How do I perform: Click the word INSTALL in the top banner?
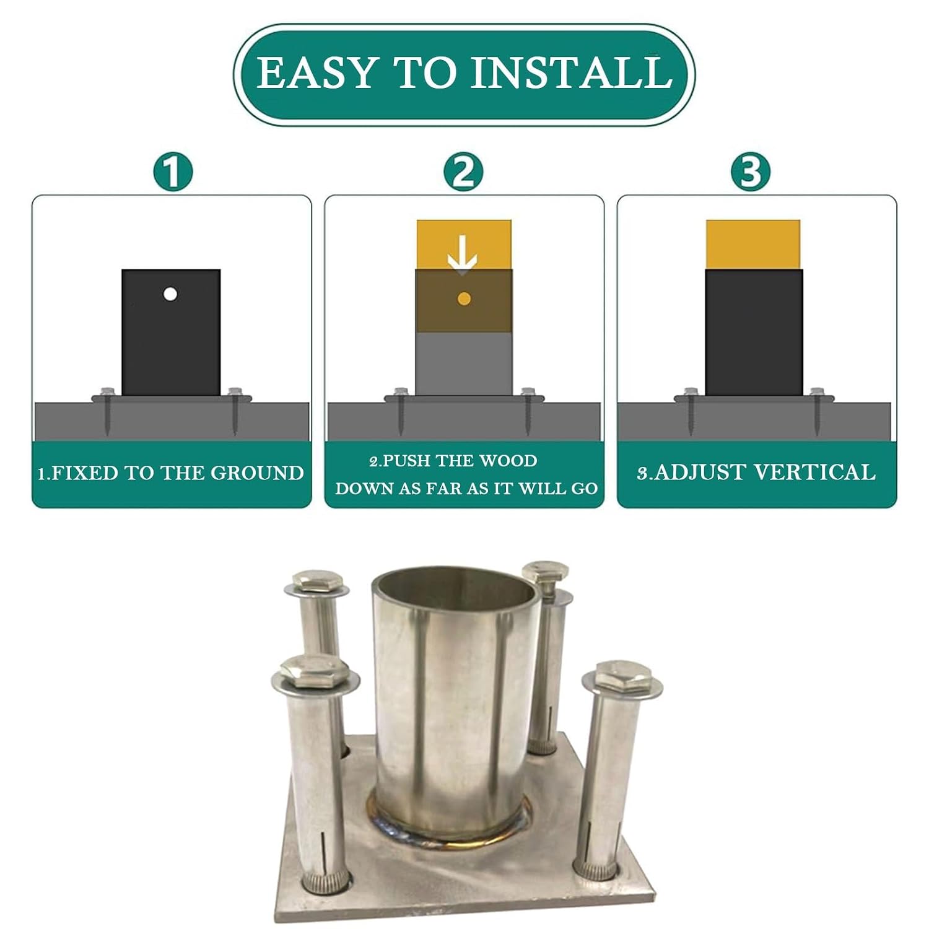572,73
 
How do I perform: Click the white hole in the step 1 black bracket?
170,294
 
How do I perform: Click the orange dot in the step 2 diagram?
464,299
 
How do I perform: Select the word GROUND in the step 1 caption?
257,473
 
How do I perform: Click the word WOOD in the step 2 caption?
508,461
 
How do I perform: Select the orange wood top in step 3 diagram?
753,245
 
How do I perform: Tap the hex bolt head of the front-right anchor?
622,674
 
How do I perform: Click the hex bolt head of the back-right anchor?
546,571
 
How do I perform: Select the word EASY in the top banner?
316,73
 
